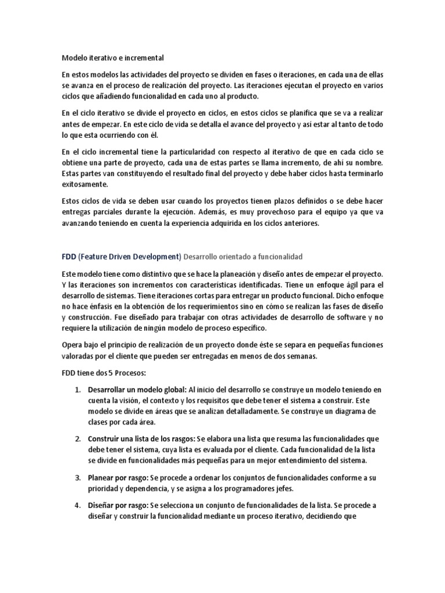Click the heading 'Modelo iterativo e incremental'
pos(112,58)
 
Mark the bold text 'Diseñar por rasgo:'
pos(119,506)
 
